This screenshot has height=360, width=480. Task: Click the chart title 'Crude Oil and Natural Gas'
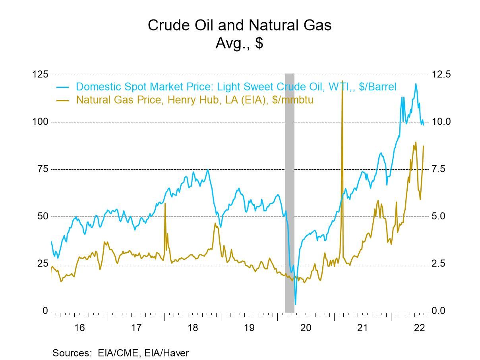pos(239,25)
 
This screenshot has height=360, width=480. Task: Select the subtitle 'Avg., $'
pos(239,43)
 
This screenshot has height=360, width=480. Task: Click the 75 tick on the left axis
pos(42,169)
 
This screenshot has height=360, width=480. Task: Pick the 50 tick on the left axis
pos(42,216)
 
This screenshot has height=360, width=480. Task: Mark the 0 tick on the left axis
pos(45,311)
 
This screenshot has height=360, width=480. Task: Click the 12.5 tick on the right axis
pos(441,74)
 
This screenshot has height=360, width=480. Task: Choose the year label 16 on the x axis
pos(79,328)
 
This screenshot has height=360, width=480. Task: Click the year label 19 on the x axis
pos(249,328)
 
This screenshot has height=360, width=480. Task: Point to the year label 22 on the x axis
pos(419,328)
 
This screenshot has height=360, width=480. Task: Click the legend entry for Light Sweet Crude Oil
pos(236,87)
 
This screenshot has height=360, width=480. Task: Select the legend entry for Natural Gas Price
pos(195,100)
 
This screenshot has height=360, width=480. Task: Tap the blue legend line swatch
pos(63,87)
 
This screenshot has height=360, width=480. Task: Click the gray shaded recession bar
pos(290,191)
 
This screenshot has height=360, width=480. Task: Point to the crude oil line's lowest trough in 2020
pos(295,304)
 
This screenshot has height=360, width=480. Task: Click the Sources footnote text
pos(120,352)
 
